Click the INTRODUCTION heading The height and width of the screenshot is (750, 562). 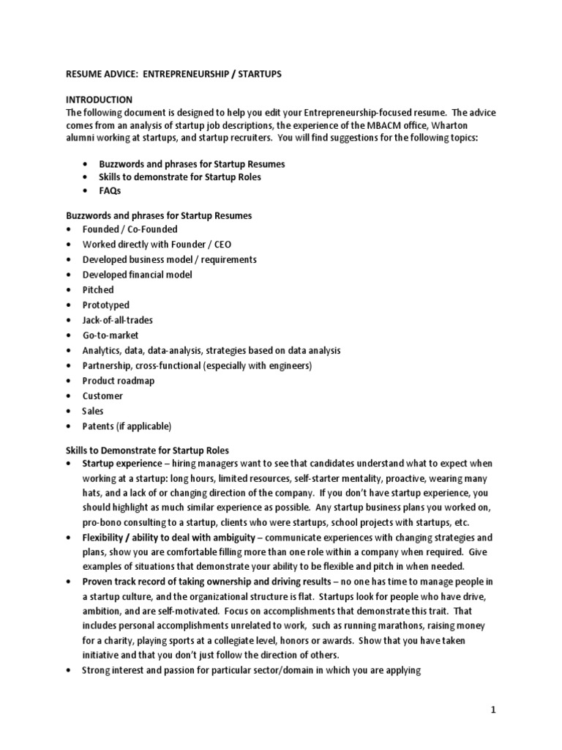point(99,99)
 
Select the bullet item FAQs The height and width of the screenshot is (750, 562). point(111,190)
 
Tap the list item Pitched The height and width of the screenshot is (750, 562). point(98,290)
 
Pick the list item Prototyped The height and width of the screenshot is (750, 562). point(105,305)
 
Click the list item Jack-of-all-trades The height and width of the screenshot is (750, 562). point(117,320)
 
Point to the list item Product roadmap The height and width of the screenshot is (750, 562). point(118,381)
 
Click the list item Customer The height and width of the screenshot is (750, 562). point(102,396)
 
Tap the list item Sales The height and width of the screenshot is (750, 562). point(93,411)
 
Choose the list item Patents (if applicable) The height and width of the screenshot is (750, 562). point(126,426)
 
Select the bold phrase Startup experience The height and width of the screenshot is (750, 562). point(121,464)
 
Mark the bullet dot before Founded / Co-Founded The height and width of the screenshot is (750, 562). point(68,229)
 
